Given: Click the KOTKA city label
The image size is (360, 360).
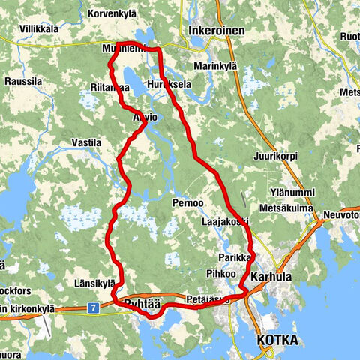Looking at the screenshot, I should point(277,340).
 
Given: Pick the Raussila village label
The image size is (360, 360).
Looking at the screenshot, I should point(23,82).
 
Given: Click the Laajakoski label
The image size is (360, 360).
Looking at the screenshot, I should point(224,223).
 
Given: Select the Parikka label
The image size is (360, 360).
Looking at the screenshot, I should point(234,256).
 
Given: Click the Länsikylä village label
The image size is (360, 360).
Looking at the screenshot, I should point(94,283).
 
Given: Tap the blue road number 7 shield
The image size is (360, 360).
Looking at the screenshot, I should point(91,307).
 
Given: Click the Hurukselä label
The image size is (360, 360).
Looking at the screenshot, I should point(170,84).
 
